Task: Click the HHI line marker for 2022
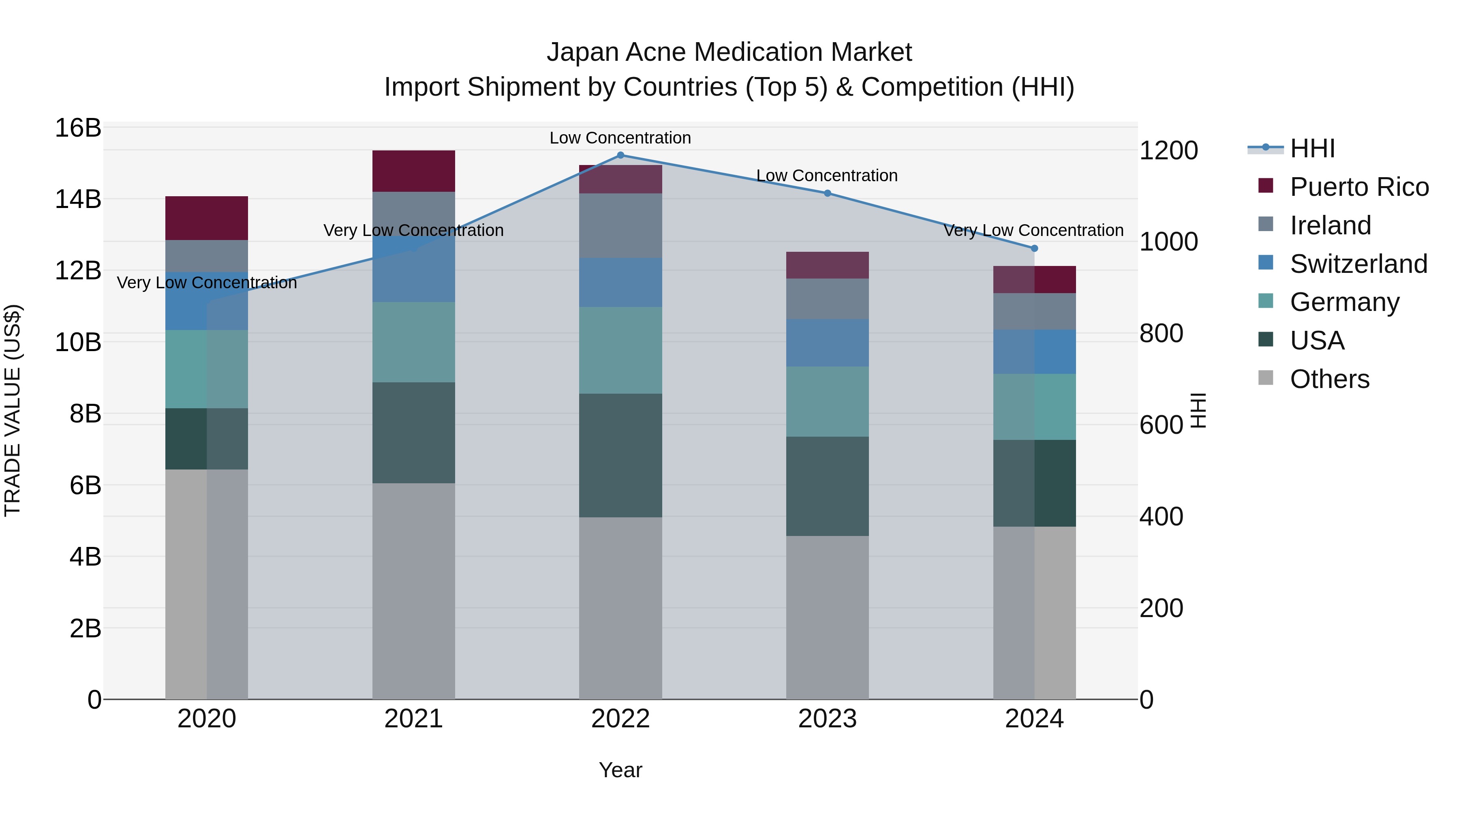pyautogui.click(x=620, y=155)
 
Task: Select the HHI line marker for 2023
pyautogui.click(x=827, y=193)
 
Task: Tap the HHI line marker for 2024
pyautogui.click(x=1034, y=248)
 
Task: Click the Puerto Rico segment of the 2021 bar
pyautogui.click(x=413, y=171)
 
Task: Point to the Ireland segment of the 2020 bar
pyautogui.click(x=206, y=256)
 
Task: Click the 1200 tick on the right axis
pyautogui.click(x=1168, y=151)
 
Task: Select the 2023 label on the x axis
pyautogui.click(x=827, y=719)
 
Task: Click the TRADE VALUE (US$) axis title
pyautogui.click(x=13, y=410)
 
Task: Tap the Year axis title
pyautogui.click(x=620, y=770)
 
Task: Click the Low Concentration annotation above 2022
pyautogui.click(x=620, y=138)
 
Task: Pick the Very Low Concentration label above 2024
pyautogui.click(x=1033, y=231)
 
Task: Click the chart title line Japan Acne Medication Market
pyautogui.click(x=729, y=52)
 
